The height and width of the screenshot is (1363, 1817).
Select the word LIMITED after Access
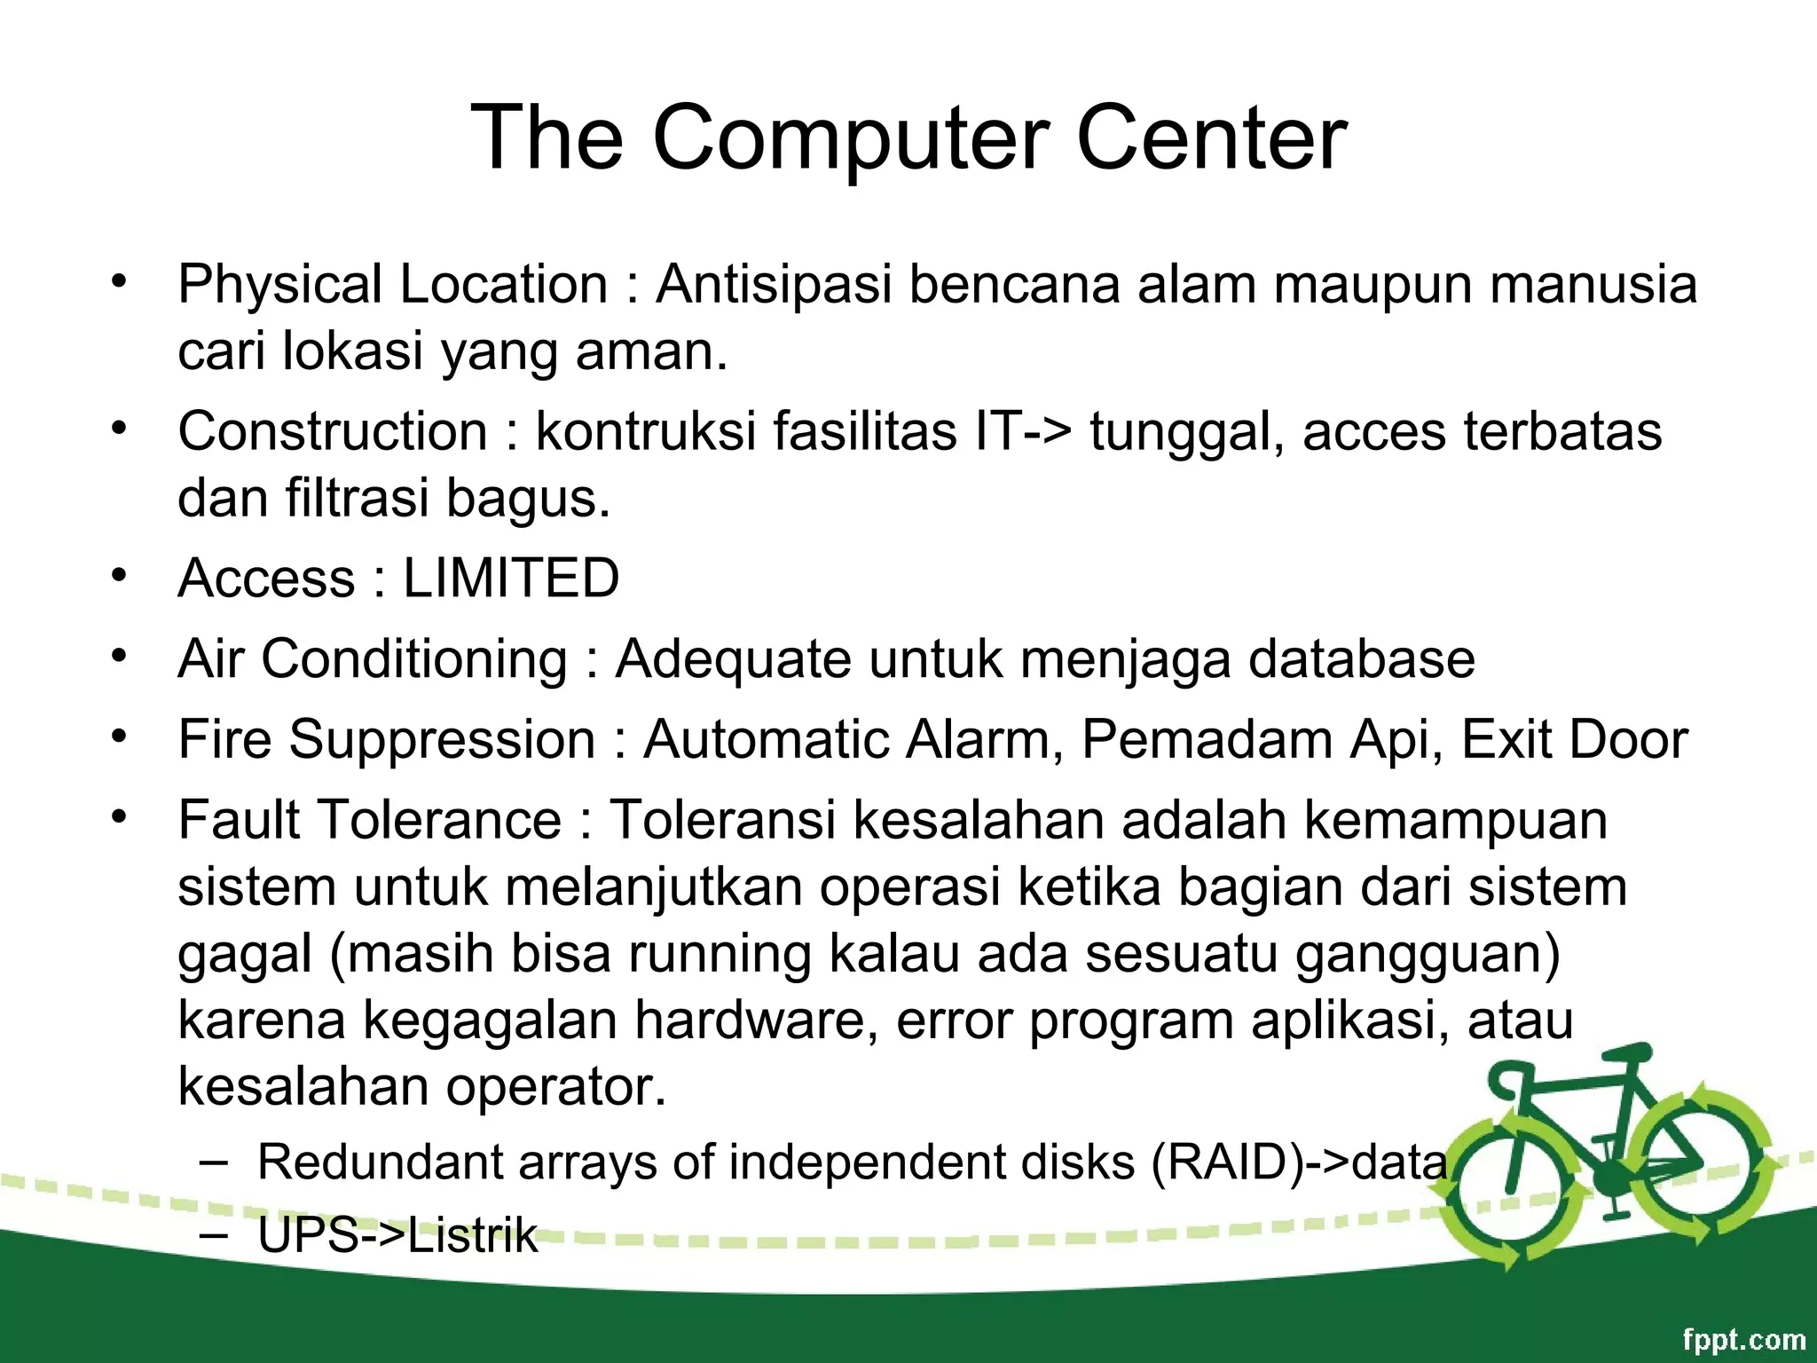[511, 579]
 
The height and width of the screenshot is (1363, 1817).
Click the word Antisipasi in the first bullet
[773, 285]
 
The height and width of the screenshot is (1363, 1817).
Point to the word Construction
[333, 432]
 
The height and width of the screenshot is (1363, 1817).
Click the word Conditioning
[414, 659]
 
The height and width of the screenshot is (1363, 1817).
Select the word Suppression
[442, 740]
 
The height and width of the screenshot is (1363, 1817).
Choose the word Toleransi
[722, 819]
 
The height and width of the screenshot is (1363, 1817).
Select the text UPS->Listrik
[397, 1235]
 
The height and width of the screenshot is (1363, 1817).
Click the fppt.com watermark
[1743, 1339]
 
